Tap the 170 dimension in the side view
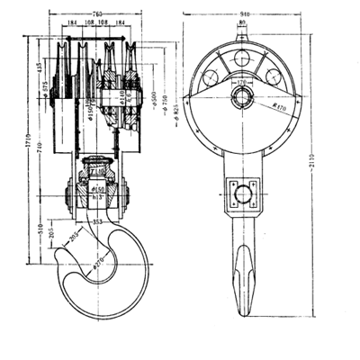tap(242, 83)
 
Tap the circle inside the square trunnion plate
tap(242, 190)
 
